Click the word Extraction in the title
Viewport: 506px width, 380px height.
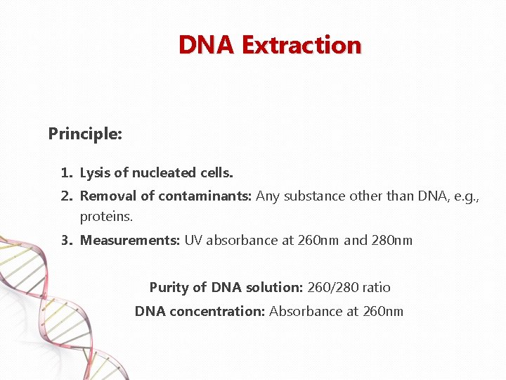pyautogui.click(x=301, y=45)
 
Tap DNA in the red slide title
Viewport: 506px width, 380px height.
pyautogui.click(x=207, y=45)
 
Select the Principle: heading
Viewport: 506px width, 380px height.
pyautogui.click(x=85, y=133)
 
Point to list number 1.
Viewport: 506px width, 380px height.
pyautogui.click(x=66, y=172)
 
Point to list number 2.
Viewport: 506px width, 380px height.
pyautogui.click(x=66, y=196)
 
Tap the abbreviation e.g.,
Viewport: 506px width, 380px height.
pyautogui.click(x=465, y=196)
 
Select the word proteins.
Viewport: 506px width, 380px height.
pyautogui.click(x=106, y=216)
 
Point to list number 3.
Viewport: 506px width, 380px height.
pyautogui.click(x=66, y=240)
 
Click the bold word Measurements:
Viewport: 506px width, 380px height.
pyautogui.click(x=130, y=240)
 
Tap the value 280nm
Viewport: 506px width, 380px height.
pyautogui.click(x=392, y=240)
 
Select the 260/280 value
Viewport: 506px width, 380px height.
pyautogui.click(x=333, y=287)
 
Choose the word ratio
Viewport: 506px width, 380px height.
pyautogui.click(x=377, y=287)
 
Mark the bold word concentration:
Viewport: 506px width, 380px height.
pyautogui.click(x=213, y=311)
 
